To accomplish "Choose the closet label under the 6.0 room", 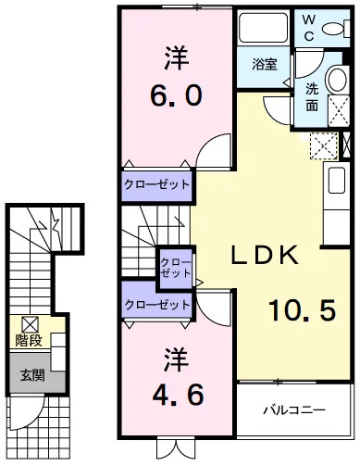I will (x=157, y=184).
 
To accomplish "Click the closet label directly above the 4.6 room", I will (x=157, y=304).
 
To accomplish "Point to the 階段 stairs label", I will (x=28, y=340).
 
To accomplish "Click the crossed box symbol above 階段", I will (x=30, y=323).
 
